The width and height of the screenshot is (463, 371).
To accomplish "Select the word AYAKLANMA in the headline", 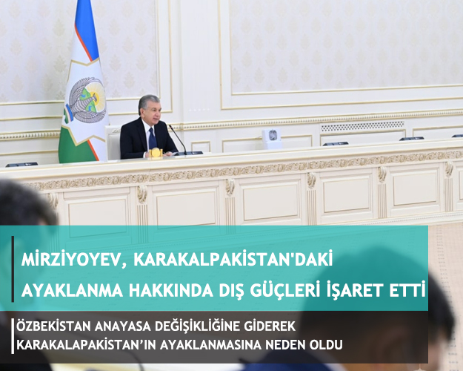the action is [x=72, y=291].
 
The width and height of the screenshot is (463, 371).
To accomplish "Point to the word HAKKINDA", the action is [x=170, y=291].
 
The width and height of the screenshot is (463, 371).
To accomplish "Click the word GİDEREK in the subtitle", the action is [x=270, y=326].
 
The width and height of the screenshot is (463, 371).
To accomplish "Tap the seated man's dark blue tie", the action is [x=152, y=138].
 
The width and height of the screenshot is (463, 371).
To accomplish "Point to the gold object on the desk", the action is [x=156, y=153].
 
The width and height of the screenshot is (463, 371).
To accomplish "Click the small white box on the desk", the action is [x=272, y=139].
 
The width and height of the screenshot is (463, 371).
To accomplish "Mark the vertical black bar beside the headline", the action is [x=13, y=269].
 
